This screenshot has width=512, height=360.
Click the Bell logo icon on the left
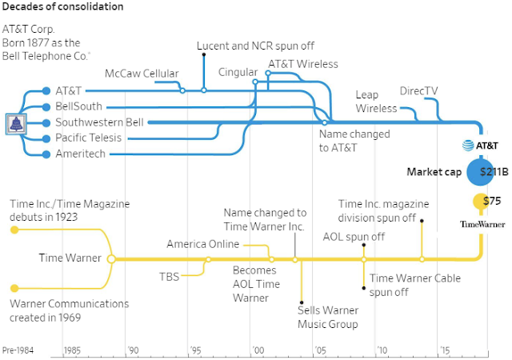16,124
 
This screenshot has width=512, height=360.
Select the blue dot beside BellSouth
46,107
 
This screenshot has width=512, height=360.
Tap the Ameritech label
80,154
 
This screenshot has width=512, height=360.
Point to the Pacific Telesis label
88,138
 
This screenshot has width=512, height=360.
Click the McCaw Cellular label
142,74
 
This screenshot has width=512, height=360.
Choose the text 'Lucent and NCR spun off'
255,46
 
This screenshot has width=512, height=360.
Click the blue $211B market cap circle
480,172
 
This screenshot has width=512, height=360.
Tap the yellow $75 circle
481,202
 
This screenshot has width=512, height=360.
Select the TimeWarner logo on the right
482,224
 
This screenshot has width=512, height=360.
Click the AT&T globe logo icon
468,146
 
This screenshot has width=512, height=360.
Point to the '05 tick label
320,350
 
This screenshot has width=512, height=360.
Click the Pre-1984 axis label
18,350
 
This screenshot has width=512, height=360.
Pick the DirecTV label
418,91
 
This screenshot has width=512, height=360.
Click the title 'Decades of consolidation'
62,6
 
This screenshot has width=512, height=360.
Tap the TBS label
169,277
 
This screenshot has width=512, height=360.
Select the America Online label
202,244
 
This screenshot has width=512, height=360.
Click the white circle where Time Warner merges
111,259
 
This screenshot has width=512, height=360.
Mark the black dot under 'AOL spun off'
364,245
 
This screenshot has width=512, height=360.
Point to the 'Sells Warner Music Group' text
328,317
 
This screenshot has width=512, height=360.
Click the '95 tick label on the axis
195,350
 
